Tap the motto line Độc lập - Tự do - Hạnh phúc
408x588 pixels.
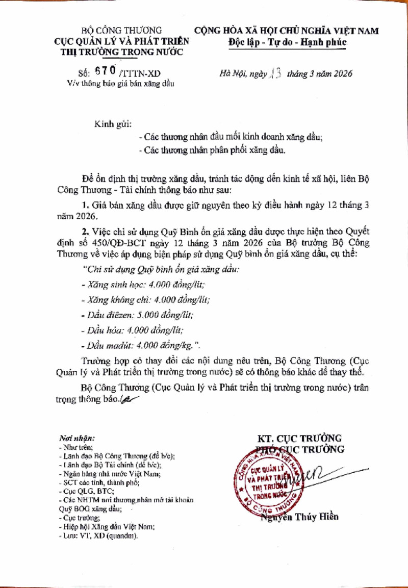point(287,42)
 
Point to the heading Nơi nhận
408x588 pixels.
point(77,438)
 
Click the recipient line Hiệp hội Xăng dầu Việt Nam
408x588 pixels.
point(107,527)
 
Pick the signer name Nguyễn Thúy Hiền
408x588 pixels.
point(299,517)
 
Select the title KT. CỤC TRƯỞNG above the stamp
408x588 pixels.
point(299,438)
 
